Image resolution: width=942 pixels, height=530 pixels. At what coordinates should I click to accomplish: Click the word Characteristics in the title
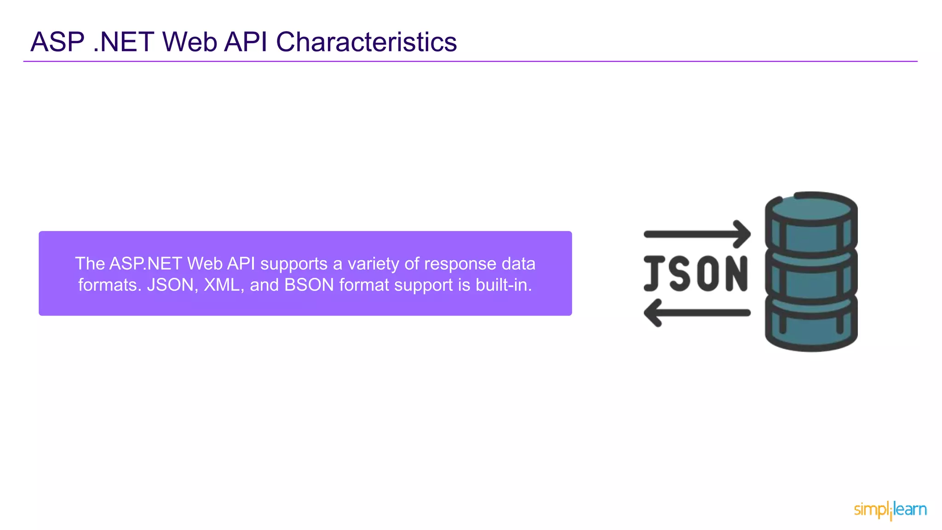click(x=366, y=42)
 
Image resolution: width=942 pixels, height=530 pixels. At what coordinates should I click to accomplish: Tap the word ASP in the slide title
click(x=57, y=42)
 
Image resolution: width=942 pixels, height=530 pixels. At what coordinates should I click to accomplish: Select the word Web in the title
click(x=190, y=42)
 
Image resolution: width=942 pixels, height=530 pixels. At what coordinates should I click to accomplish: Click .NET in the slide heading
click(x=123, y=42)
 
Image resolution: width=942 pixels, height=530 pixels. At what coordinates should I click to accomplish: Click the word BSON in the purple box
click(x=309, y=285)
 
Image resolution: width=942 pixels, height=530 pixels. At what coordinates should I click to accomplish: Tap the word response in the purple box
click(x=460, y=264)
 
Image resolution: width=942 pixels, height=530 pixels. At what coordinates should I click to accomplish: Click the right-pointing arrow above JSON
click(x=697, y=234)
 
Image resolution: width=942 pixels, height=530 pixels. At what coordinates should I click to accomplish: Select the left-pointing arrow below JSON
click(x=697, y=313)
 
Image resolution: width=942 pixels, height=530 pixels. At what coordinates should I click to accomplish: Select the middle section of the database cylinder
click(x=811, y=278)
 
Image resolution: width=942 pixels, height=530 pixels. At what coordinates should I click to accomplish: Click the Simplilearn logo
click(x=890, y=510)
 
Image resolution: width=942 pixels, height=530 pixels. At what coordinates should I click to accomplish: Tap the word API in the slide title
click(x=246, y=42)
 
